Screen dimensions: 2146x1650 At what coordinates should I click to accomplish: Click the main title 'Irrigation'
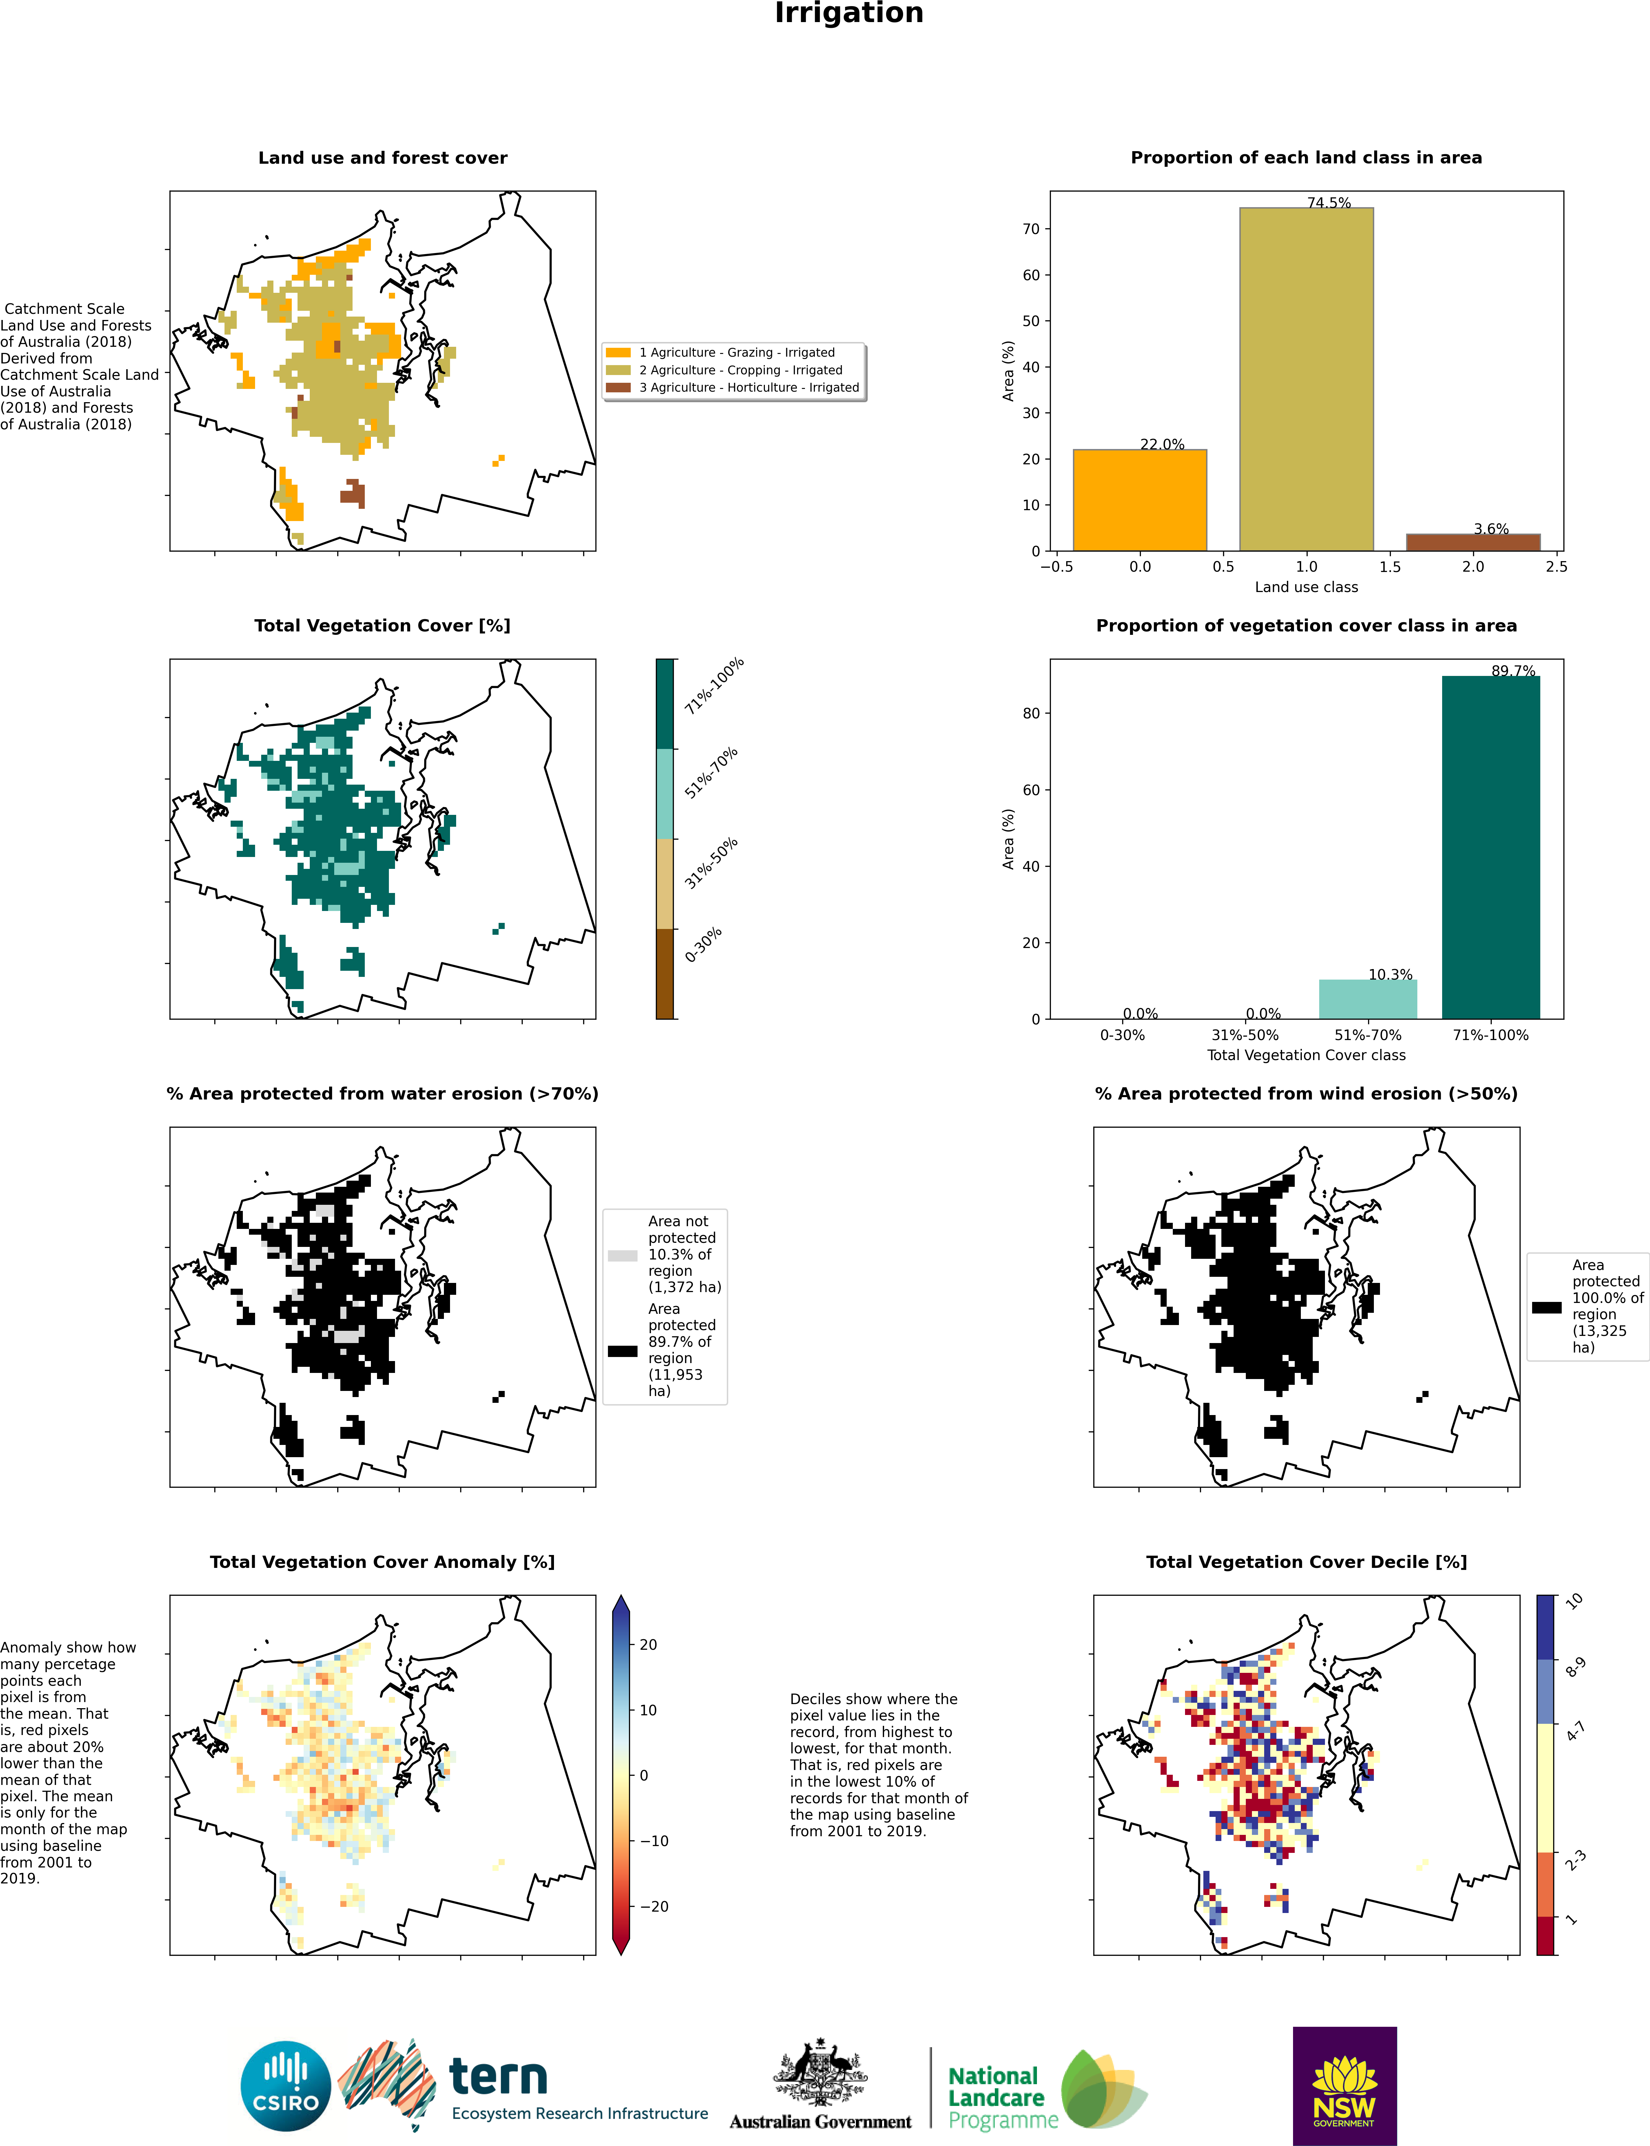pos(848,14)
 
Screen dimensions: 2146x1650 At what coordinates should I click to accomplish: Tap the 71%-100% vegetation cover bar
pos(1490,847)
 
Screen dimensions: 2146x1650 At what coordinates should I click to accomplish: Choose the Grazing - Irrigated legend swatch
pos(618,353)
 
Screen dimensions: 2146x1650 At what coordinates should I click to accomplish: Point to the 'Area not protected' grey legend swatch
pos(623,1255)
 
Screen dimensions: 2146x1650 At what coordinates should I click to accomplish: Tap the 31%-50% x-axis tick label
pos(1244,1035)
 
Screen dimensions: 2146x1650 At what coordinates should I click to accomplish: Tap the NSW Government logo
pos(1344,2085)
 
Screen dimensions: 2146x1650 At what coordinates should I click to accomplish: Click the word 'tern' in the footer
pos(498,2075)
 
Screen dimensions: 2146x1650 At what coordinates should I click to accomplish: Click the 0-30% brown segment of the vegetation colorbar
pos(665,973)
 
